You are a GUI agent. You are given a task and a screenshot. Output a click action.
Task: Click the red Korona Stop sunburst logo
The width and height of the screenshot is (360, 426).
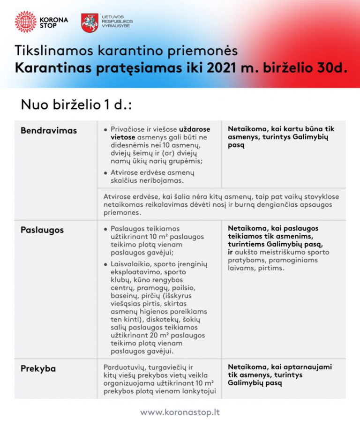point(25,22)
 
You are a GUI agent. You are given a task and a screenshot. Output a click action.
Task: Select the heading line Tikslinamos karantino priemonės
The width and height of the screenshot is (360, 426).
point(126,50)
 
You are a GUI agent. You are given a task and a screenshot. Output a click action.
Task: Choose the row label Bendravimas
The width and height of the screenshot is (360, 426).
point(49,130)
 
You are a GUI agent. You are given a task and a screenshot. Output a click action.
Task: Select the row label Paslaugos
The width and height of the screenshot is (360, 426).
point(42,230)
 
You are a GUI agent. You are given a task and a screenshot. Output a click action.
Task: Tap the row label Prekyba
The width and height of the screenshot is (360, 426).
point(38,369)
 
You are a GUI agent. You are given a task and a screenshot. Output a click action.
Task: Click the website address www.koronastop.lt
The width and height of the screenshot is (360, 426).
point(180,412)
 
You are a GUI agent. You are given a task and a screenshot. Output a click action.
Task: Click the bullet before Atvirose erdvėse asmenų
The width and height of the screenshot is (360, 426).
point(106,173)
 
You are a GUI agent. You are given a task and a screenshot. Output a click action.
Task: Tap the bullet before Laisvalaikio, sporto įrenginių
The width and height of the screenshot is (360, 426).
point(106,264)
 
